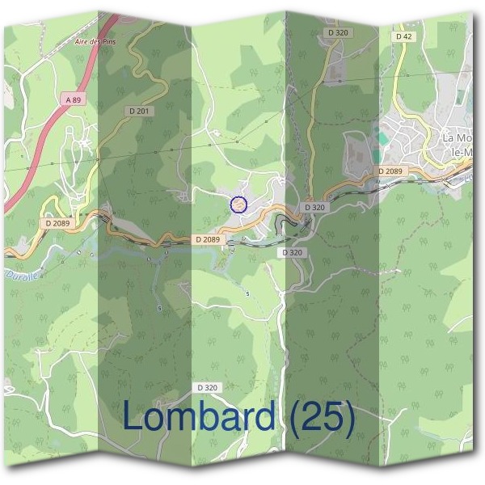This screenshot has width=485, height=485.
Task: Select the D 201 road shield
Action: click(140, 110)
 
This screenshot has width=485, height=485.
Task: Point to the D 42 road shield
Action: click(404, 36)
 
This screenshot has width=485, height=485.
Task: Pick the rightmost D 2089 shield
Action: click(391, 171)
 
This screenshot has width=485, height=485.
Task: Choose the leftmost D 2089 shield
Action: click(59, 223)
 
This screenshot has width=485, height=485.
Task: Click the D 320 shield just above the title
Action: click(206, 388)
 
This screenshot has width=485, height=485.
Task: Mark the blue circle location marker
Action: click(238, 205)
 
